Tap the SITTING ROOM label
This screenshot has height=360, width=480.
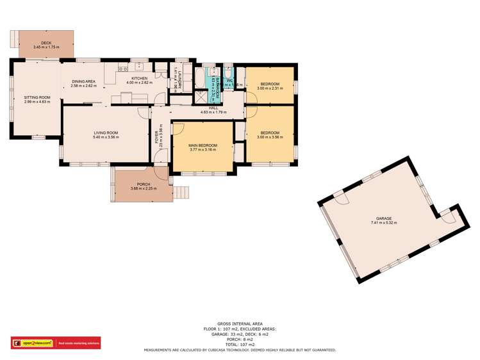coord(37,97)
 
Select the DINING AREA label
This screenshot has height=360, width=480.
coord(83,81)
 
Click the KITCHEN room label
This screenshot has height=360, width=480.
coord(139,78)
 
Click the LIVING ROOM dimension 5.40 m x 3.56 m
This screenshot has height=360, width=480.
coord(106,138)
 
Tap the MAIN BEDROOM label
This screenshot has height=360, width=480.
coord(203,146)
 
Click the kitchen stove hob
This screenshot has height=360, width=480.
coord(138,65)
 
